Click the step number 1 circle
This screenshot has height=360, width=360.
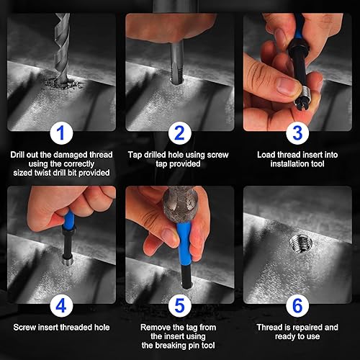pyautogui.click(x=61, y=133)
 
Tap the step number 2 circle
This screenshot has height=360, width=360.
pyautogui.click(x=179, y=133)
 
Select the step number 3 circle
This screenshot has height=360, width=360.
pyautogui.click(x=297, y=133)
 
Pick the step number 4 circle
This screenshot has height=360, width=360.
pyautogui.click(x=61, y=306)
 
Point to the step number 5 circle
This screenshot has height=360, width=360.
pyautogui.click(x=179, y=306)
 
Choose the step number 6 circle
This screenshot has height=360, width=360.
pyautogui.click(x=297, y=306)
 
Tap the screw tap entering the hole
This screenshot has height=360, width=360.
pyautogui.click(x=178, y=63)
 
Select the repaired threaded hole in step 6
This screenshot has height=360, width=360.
pyautogui.click(x=300, y=243)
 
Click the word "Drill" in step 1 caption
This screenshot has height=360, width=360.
pyautogui.click(x=17, y=155)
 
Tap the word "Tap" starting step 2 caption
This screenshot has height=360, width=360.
pyautogui.click(x=135, y=156)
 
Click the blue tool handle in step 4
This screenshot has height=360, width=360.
pyautogui.click(x=69, y=220)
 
